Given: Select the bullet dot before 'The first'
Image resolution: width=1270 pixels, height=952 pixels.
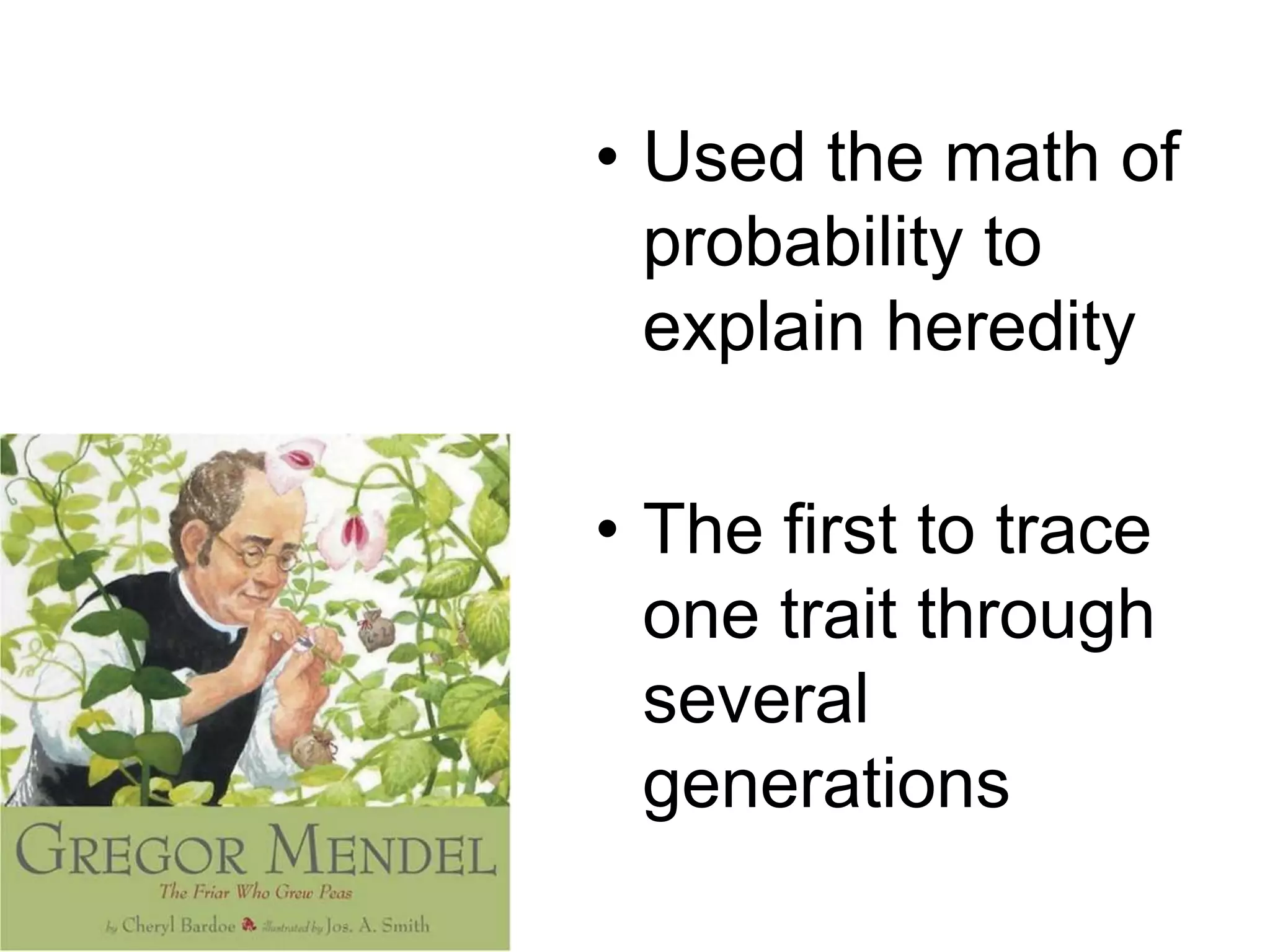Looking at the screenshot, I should [x=611, y=530].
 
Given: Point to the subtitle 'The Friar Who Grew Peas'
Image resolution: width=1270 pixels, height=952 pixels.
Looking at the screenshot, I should [x=255, y=894].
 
